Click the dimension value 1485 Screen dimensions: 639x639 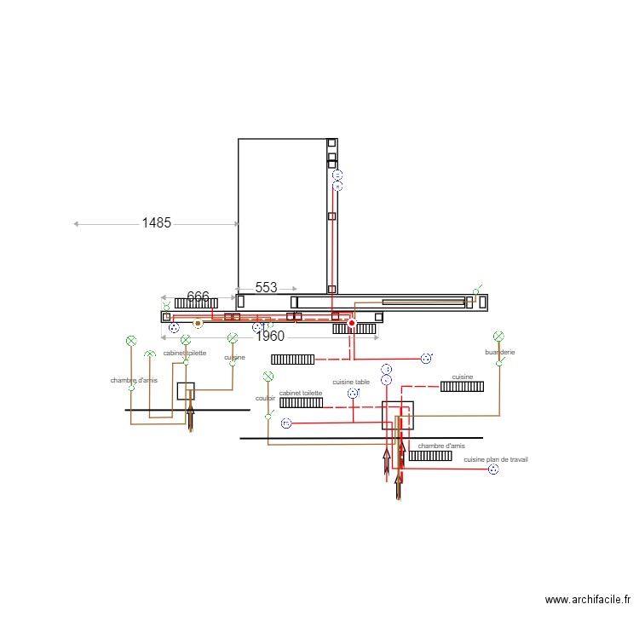(x=156, y=223)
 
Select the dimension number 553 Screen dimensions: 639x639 (x=266, y=288)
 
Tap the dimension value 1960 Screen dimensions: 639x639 (x=269, y=336)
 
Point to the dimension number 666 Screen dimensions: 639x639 (x=198, y=296)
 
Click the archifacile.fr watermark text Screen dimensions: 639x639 (x=589, y=600)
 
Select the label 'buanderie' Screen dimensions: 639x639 (x=500, y=352)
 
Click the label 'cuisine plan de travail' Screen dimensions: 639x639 (x=496, y=459)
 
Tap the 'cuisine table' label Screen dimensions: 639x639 (x=351, y=383)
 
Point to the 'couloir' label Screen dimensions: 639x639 (x=265, y=398)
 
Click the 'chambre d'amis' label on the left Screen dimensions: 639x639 (x=134, y=380)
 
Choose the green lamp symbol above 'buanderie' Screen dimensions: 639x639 (x=498, y=337)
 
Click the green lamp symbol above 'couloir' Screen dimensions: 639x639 (x=268, y=376)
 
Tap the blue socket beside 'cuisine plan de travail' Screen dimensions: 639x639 (x=493, y=469)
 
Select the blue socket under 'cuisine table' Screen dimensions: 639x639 (x=352, y=394)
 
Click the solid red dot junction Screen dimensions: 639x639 (x=351, y=323)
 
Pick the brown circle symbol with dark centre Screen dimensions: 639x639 (x=198, y=324)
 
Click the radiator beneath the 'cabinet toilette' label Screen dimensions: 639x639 (x=301, y=402)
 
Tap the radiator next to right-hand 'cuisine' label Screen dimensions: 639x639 (x=462, y=387)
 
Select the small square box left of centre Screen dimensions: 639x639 (x=186, y=391)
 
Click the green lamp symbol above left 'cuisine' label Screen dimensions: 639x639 (x=232, y=338)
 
